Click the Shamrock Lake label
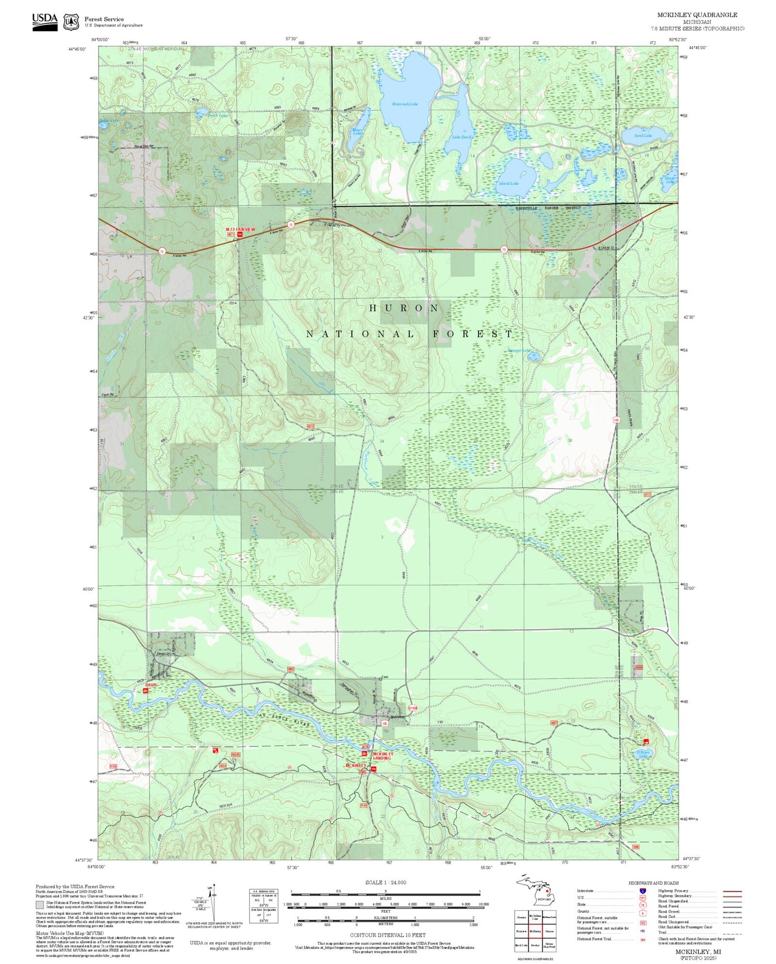click(x=405, y=104)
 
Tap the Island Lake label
click(x=509, y=183)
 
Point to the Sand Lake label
click(x=643, y=136)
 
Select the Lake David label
click(x=462, y=137)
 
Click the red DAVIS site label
click(x=151, y=684)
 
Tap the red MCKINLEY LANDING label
click(x=383, y=756)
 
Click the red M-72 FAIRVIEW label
click(x=241, y=229)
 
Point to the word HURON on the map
click(x=404, y=308)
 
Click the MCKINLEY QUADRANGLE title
click(x=697, y=15)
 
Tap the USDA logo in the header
click(x=45, y=21)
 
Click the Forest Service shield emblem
click(x=71, y=22)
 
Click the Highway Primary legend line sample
click(x=731, y=892)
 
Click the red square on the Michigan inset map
click(x=547, y=891)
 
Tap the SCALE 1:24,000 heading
click(x=385, y=883)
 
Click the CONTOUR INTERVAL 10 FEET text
click(x=387, y=935)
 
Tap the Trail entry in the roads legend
click(x=663, y=932)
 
